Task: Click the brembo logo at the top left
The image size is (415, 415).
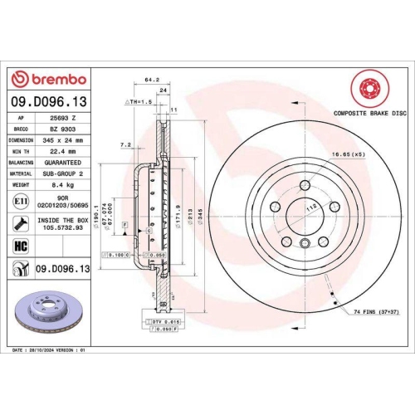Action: pyautogui.click(x=47, y=78)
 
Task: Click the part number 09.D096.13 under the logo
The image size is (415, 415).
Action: pyautogui.click(x=47, y=100)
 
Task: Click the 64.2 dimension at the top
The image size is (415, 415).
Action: pyautogui.click(x=152, y=81)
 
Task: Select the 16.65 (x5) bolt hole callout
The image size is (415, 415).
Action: pyautogui.click(x=345, y=154)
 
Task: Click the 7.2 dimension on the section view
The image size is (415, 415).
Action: pyautogui.click(x=125, y=144)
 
